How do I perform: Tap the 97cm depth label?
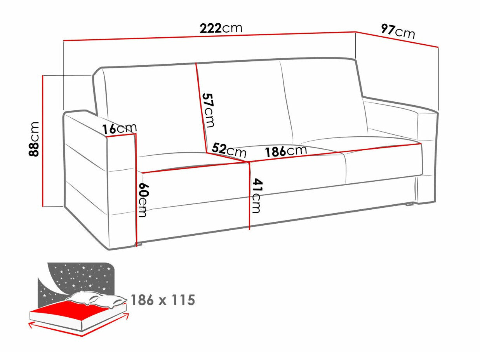point(398,31)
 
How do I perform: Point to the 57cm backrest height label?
point(208,110)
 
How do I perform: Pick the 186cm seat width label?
point(286,151)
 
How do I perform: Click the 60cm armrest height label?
point(143,200)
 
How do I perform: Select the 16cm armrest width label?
point(119,128)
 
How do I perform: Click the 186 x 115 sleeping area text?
point(162,300)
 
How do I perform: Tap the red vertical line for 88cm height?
point(42,140)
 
